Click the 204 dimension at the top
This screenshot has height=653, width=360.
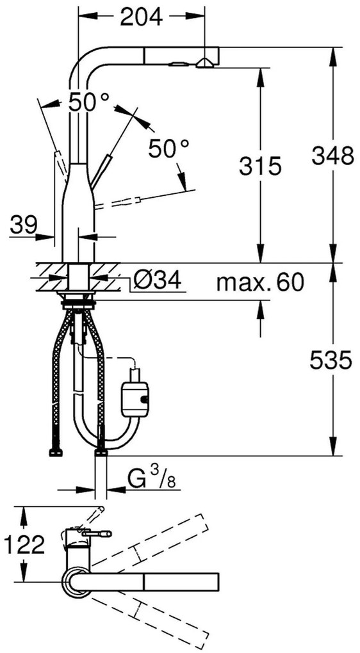(x=141, y=17)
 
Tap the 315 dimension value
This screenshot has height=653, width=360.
(x=261, y=166)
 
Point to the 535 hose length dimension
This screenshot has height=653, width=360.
(x=331, y=360)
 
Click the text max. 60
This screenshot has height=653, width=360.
(x=261, y=283)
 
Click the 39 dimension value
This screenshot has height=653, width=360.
(x=24, y=225)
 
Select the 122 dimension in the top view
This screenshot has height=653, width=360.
(x=24, y=544)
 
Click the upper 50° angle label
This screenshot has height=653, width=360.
(x=89, y=101)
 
